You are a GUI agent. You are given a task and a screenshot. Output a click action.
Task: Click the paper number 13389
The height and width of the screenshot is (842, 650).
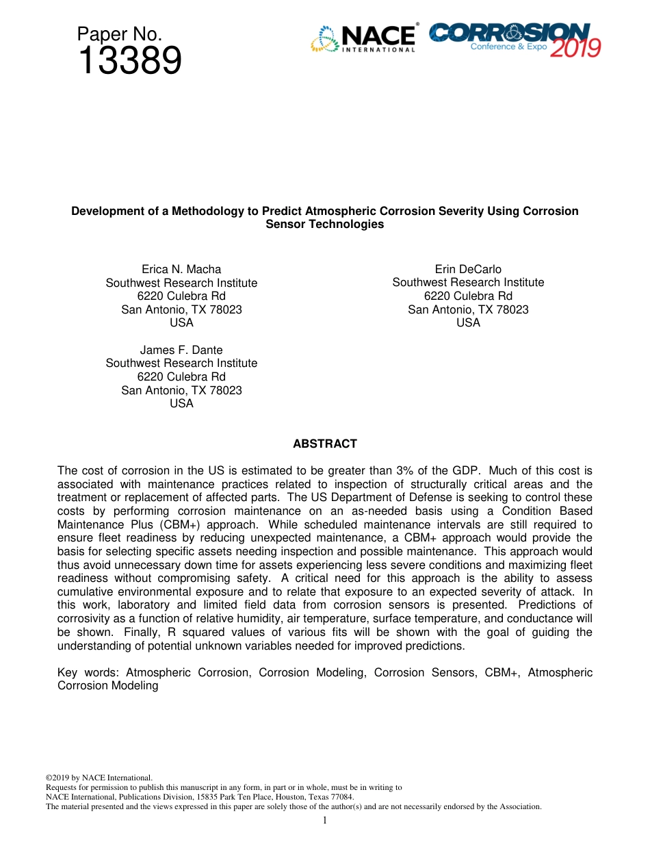pyautogui.click(x=129, y=62)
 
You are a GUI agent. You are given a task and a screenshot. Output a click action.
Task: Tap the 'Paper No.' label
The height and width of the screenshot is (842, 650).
pyautogui.click(x=119, y=34)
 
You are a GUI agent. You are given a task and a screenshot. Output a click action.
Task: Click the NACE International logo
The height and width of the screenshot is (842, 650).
pyautogui.click(x=363, y=39)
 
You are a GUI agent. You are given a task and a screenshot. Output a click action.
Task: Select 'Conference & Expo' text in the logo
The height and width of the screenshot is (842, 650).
pyautogui.click(x=508, y=47)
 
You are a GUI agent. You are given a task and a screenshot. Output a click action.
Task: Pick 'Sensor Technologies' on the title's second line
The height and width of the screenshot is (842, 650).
pyautogui.click(x=324, y=225)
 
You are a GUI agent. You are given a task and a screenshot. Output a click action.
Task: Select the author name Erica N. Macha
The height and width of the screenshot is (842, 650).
pyautogui.click(x=181, y=269)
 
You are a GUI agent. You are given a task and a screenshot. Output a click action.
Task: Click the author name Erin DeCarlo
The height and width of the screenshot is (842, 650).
pyautogui.click(x=468, y=269)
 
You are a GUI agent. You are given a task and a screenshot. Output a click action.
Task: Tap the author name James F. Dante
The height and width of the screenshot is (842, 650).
pyautogui.click(x=181, y=350)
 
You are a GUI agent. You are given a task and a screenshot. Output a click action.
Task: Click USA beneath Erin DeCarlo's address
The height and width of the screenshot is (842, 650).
pyautogui.click(x=468, y=322)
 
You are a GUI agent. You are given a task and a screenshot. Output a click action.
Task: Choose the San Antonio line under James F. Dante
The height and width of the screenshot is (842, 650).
pyautogui.click(x=181, y=390)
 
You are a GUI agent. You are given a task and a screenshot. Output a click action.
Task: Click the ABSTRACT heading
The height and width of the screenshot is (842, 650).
pyautogui.click(x=324, y=444)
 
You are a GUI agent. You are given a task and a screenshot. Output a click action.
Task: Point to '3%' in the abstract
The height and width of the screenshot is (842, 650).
pyautogui.click(x=404, y=471)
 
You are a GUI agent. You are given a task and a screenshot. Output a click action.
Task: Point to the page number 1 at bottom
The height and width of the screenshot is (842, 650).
pyautogui.click(x=325, y=820)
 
